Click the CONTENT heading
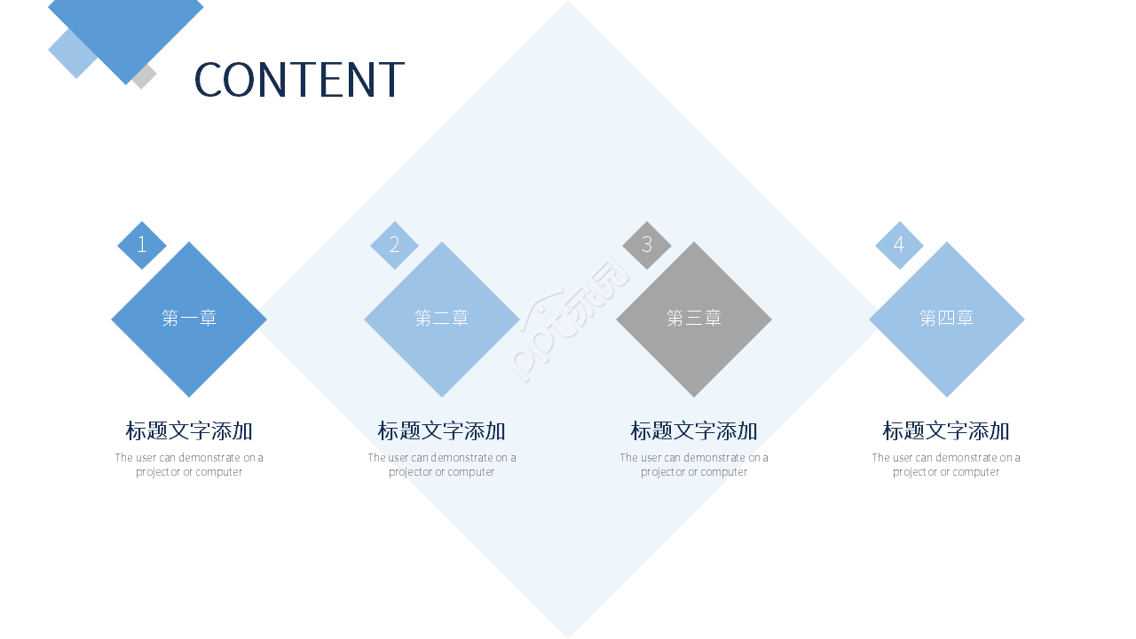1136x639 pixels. tap(299, 79)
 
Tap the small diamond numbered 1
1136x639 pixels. tap(142, 245)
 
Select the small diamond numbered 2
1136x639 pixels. tap(394, 245)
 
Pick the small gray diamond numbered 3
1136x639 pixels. tap(647, 245)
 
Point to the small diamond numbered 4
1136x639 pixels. tap(899, 245)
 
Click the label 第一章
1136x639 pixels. tap(189, 318)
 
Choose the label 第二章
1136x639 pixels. tap(442, 318)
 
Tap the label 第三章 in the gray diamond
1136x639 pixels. tap(694, 318)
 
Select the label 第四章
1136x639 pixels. tap(946, 318)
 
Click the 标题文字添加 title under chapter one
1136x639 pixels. tap(189, 431)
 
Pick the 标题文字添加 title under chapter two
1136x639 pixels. tap(442, 431)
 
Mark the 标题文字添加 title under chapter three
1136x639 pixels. tap(694, 431)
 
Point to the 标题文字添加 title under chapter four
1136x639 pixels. tap(946, 431)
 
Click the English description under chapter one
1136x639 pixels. tap(189, 465)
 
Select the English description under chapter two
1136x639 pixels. tap(442, 465)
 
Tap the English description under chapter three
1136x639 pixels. tap(694, 465)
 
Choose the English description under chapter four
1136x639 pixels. tap(946, 465)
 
